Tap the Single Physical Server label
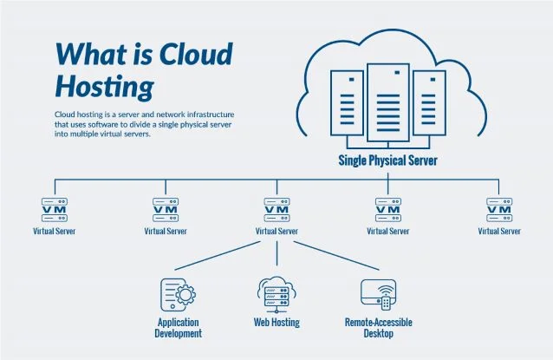point(387,160)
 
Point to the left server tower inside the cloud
point(347,107)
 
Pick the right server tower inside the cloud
point(428,107)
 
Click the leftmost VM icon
point(55,209)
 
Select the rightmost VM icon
point(499,209)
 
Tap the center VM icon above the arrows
point(276,209)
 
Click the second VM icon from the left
point(166,209)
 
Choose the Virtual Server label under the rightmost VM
point(499,232)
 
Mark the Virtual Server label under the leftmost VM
point(55,232)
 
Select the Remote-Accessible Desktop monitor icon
point(378,295)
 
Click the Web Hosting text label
point(276,323)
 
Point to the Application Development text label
point(179,328)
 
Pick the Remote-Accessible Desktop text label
point(378,328)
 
